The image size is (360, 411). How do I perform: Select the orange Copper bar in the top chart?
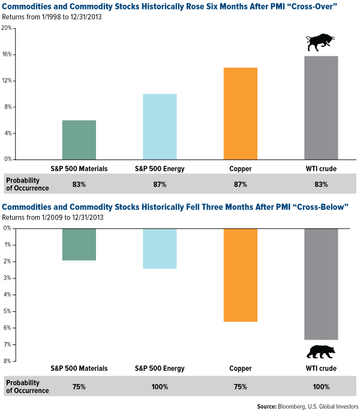pyautogui.click(x=241, y=113)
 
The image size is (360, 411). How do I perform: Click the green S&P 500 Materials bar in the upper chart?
pyautogui.click(x=79, y=140)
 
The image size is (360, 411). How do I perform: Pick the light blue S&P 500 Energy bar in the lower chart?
pyautogui.click(x=160, y=248)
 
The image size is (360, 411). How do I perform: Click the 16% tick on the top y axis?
pyautogui.click(x=7, y=55)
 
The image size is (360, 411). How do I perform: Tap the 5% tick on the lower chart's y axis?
pyautogui.click(x=7, y=311)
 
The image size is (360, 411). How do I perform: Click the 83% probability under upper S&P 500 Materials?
pyautogui.click(x=79, y=184)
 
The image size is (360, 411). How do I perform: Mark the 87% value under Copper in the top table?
pyautogui.click(x=240, y=184)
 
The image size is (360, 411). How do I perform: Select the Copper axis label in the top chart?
pyautogui.click(x=240, y=169)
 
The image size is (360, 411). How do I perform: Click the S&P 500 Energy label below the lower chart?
pyautogui.click(x=160, y=368)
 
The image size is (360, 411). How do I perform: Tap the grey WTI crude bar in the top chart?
pyautogui.click(x=321, y=107)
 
